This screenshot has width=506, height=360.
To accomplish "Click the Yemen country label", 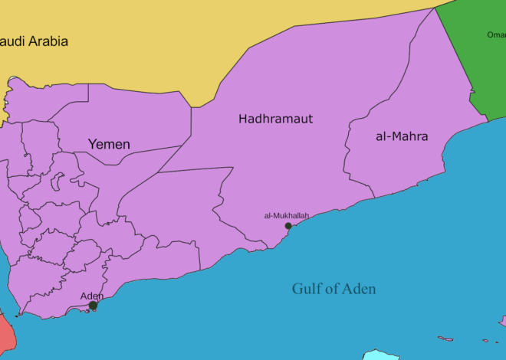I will (x=109, y=144).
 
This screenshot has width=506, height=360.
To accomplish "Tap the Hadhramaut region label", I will (x=275, y=119).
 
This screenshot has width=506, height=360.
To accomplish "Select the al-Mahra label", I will (x=402, y=137).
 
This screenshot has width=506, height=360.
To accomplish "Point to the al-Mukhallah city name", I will (x=286, y=216).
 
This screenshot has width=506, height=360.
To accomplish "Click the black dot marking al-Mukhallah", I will (x=288, y=226).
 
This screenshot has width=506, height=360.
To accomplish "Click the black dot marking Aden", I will (x=93, y=306).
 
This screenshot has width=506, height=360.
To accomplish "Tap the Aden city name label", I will (x=92, y=296).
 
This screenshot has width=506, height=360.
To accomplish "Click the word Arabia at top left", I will (x=48, y=41).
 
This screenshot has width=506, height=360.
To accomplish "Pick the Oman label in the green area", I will (x=495, y=34).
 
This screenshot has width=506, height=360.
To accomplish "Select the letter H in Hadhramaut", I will (x=243, y=119).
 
